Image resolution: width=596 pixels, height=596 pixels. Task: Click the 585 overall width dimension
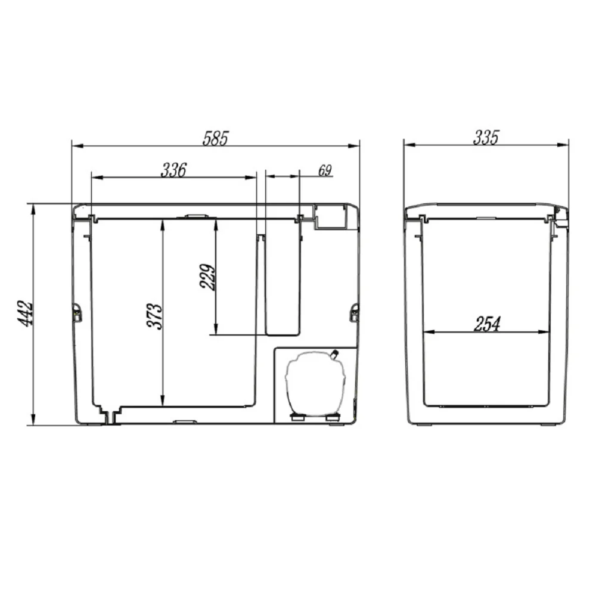215,138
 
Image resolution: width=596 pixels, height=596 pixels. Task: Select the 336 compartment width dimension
173,170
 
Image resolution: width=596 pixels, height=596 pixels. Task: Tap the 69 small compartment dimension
325,170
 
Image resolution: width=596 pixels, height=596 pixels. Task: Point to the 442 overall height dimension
26,313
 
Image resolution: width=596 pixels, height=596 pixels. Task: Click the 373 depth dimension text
155,316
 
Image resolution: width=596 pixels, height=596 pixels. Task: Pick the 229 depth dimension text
207,277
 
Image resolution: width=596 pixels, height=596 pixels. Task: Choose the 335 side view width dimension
485,137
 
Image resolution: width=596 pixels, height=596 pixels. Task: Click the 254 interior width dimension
487,324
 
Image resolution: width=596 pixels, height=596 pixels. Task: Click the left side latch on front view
77,312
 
